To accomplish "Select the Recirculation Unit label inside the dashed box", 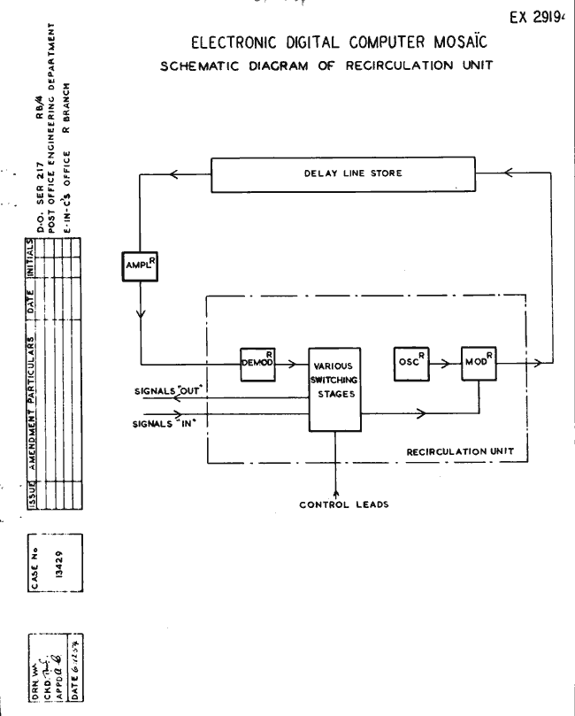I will point(461,450).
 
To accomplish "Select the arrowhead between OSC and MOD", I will point(448,363).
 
